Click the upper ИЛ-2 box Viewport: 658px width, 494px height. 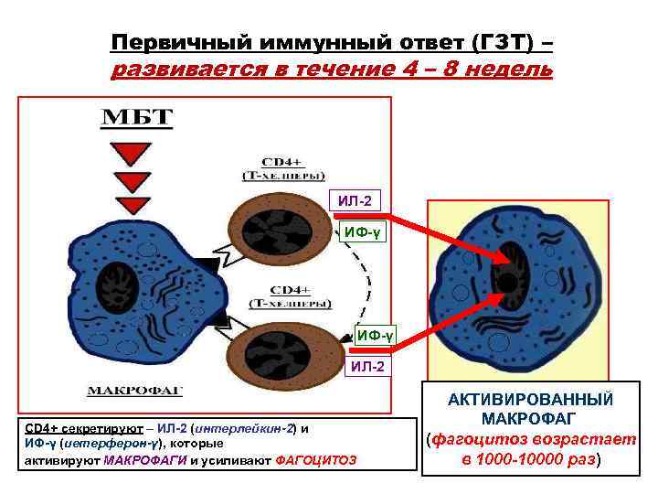(353, 200)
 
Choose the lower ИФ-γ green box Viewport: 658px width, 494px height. (375, 336)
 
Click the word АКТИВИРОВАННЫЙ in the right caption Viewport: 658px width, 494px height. (531, 400)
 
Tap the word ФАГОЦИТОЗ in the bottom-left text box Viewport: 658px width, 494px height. (315, 459)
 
